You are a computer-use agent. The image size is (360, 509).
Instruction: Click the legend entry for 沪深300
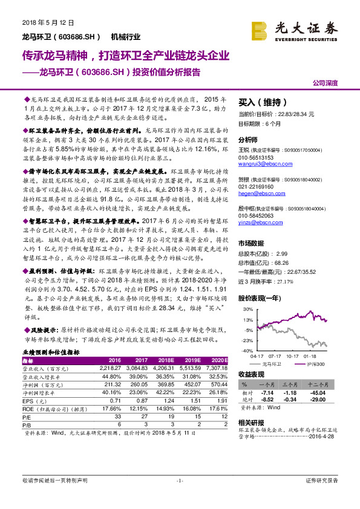313,365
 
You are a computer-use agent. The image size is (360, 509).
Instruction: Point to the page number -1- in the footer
179,497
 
